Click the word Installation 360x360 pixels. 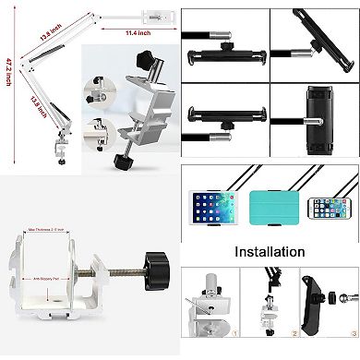pyautogui.click(x=269, y=251)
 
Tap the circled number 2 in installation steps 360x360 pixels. pyautogui.click(x=294, y=351)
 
